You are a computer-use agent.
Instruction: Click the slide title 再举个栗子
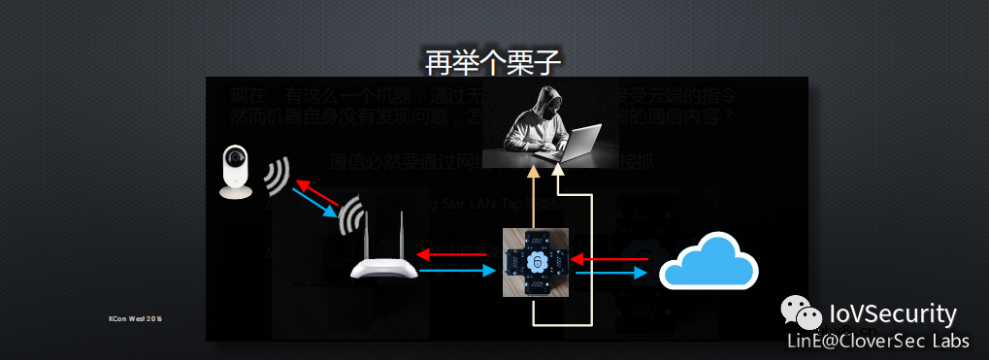pyautogui.click(x=493, y=62)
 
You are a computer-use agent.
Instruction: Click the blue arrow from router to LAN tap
pyautogui.click(x=456, y=274)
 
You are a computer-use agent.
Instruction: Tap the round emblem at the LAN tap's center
pyautogui.click(x=535, y=263)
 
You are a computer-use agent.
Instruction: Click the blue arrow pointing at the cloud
pyautogui.click(x=610, y=275)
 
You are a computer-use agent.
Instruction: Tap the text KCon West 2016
pyautogui.click(x=135, y=317)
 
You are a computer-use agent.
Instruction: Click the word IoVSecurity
pyautogui.click(x=893, y=313)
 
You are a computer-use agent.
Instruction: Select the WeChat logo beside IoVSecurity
pyautogui.click(x=802, y=314)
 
